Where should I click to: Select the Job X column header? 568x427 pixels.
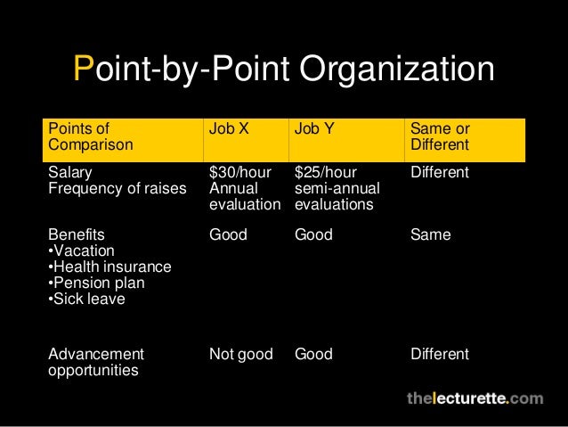229,128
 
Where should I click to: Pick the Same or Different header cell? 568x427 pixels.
440,136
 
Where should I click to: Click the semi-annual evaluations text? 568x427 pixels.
337,196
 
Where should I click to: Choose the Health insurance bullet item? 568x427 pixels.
109,267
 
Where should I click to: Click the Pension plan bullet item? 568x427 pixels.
96,283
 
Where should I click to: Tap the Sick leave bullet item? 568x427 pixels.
87,300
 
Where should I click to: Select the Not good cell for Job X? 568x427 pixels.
240,355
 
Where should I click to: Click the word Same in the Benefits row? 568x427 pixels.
431,235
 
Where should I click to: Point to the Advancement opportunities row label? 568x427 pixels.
94,362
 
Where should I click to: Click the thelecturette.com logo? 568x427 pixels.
475,398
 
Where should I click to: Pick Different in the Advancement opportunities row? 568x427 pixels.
440,355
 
